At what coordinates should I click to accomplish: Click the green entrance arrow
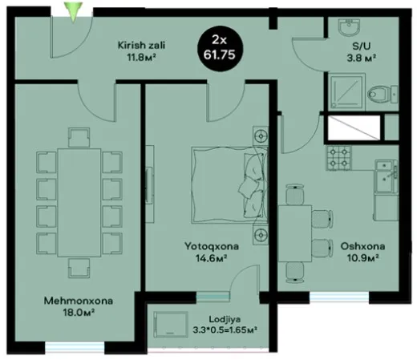coord(74,11)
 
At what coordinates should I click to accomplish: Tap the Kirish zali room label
coord(141,51)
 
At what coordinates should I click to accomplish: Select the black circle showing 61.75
coord(220,49)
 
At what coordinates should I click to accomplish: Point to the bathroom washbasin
coord(349,26)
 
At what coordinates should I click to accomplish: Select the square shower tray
coord(347,91)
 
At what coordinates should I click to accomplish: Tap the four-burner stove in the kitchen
coord(338,158)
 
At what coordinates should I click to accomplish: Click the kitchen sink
coord(387,176)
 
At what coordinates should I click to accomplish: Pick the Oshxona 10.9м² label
coord(362,252)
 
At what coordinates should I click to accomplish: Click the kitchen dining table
coord(295,233)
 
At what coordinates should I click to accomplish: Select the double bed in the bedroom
coord(229,184)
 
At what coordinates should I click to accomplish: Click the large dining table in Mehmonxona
coord(79,203)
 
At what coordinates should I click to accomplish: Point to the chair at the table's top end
coord(79,137)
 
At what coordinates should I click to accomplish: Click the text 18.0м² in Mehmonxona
coord(79,312)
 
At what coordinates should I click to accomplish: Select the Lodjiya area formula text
coord(225,330)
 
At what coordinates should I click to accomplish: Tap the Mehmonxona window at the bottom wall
coord(75,348)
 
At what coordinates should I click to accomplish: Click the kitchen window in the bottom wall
coord(339,297)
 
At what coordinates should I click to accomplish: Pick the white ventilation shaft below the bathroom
coord(354,127)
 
